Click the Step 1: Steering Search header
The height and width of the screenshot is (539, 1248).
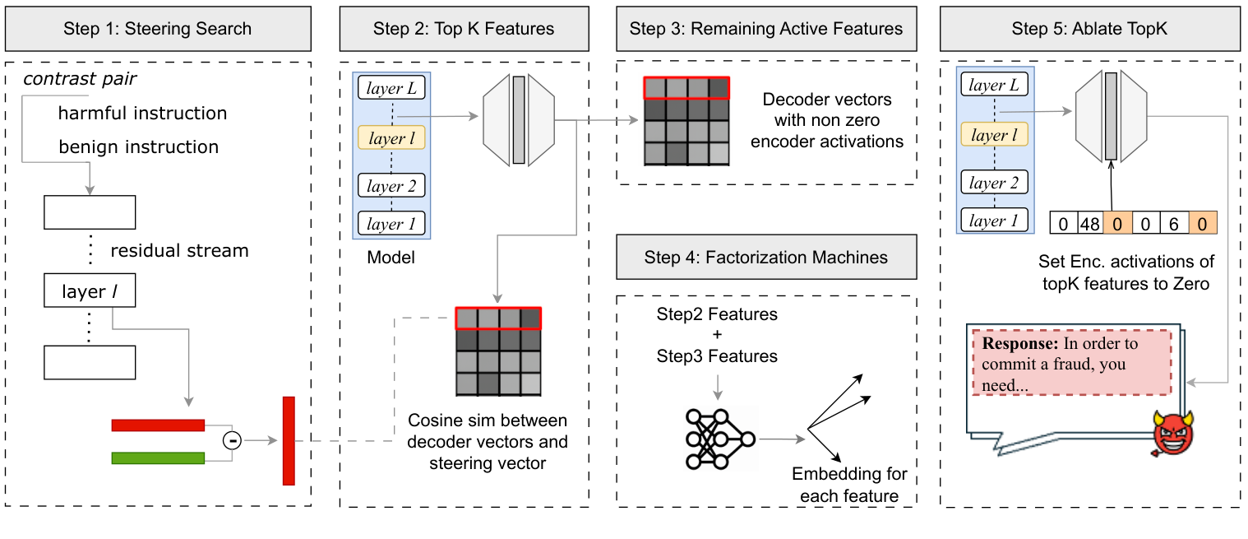159,30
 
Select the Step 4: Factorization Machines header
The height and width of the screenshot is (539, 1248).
766,258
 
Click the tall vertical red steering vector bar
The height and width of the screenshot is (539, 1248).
288,440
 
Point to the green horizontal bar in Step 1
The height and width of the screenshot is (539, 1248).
158,458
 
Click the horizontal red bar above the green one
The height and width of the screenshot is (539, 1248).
158,425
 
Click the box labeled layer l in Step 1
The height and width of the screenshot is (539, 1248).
89,291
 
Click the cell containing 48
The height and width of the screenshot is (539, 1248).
1090,223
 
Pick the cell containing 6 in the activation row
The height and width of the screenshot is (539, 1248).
1172,223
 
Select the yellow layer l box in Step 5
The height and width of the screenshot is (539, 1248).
994,135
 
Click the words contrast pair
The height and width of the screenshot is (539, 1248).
80,79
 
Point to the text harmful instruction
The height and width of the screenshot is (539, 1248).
142,113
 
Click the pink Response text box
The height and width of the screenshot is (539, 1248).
1071,363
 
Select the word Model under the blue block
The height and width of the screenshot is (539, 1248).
391,258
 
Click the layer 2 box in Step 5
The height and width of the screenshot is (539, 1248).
994,184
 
